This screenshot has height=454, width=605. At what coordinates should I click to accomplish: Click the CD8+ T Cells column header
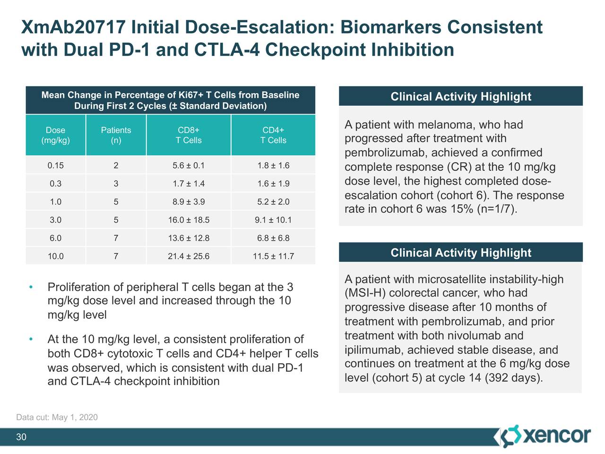pyautogui.click(x=188, y=135)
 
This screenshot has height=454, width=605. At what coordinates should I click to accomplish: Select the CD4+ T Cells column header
pyautogui.click(x=273, y=135)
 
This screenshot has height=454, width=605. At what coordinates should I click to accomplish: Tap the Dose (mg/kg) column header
pyautogui.click(x=55, y=135)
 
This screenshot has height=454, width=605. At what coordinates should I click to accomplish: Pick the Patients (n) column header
pyautogui.click(x=116, y=135)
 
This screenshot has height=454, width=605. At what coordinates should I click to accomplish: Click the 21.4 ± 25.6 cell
pyautogui.click(x=188, y=256)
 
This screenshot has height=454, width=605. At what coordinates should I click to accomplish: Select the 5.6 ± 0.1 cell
pyautogui.click(x=188, y=166)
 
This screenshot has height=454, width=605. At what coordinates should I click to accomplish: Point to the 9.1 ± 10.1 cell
pyautogui.click(x=273, y=220)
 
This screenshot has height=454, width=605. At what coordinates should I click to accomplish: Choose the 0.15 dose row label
pyautogui.click(x=55, y=166)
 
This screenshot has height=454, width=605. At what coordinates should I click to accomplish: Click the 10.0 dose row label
pyautogui.click(x=55, y=256)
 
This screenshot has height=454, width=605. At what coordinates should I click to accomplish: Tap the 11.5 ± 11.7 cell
pyautogui.click(x=273, y=256)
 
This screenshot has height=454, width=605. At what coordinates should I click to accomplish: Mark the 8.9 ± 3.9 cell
pyautogui.click(x=188, y=202)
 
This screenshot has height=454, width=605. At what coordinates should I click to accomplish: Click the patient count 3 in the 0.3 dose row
pyautogui.click(x=116, y=183)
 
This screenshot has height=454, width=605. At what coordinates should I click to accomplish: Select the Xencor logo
pyautogui.click(x=545, y=436)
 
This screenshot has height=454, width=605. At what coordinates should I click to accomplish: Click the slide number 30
pyautogui.click(x=21, y=437)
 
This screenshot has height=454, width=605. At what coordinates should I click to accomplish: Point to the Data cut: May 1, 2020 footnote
pyautogui.click(x=57, y=417)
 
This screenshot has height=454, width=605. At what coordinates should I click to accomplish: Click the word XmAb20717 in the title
pyautogui.click(x=73, y=27)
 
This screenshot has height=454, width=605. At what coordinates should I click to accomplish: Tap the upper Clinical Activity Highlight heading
pyautogui.click(x=461, y=96)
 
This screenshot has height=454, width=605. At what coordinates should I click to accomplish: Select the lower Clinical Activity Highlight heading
pyautogui.click(x=461, y=253)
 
